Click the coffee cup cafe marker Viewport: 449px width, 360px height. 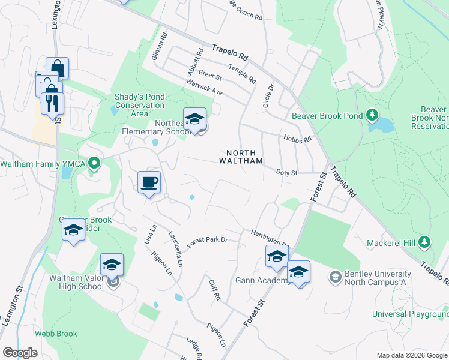[149, 182]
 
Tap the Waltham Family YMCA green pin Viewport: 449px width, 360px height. [94, 163]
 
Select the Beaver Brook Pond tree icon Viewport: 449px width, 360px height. [372, 114]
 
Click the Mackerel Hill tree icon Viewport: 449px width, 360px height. [424, 242]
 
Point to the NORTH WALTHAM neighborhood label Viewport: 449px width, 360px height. [241, 157]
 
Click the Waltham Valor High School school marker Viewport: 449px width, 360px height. [112, 265]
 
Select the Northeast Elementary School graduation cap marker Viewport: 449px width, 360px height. [194, 119]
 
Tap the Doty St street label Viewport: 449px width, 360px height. [287, 173]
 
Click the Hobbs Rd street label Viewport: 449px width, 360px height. [298, 139]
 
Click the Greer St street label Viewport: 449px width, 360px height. [210, 76]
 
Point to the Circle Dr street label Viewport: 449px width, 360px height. [268, 96]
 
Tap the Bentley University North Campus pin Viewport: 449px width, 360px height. [334, 277]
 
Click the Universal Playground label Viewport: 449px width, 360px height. [410, 314]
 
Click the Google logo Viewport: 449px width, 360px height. [20, 353]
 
